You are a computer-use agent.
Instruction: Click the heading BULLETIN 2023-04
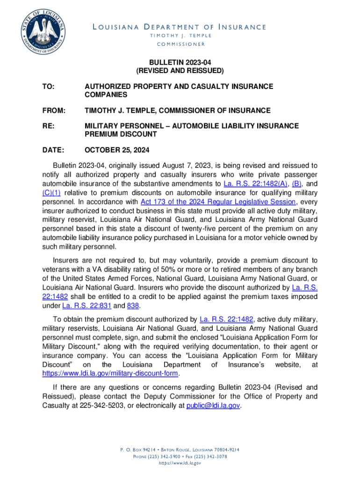click(x=180, y=62)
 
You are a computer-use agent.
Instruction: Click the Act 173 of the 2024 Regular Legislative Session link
click(x=218, y=202)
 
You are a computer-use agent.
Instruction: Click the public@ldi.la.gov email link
click(x=213, y=406)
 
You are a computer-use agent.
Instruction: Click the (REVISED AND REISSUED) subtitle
click(x=180, y=71)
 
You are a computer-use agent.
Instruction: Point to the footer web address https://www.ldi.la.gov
click(x=180, y=463)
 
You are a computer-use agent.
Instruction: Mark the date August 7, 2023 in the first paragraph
click(x=185, y=166)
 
